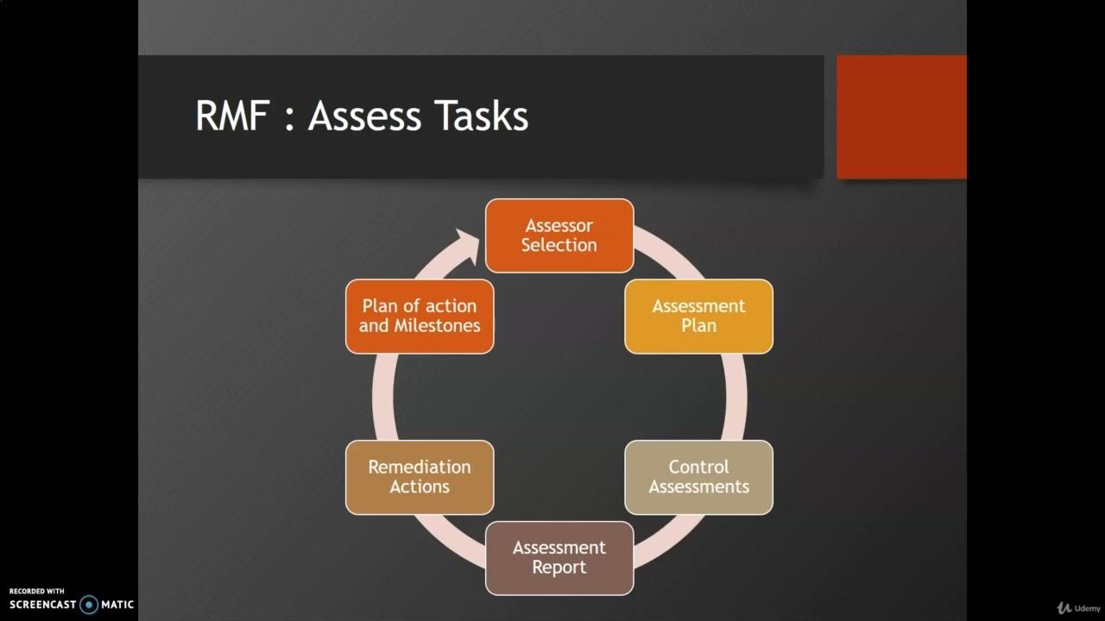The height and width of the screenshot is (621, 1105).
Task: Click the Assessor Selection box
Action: point(559,235)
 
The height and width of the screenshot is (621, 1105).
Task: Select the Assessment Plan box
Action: point(698,316)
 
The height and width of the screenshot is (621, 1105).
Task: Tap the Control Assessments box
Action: point(698,477)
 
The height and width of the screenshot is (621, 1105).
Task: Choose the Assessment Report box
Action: point(559,558)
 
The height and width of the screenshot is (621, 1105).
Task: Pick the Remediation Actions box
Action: point(420,477)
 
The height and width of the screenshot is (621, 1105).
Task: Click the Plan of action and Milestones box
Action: point(420,316)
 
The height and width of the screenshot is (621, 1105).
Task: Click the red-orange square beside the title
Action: point(901,116)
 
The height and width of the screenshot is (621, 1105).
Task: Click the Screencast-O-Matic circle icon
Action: point(89,605)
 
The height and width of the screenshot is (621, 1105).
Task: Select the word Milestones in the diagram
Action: point(437,326)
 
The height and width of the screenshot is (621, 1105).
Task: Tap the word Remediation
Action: point(420,467)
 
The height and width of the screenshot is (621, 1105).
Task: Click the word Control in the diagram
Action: point(698,467)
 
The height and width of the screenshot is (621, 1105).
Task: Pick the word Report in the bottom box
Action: point(559,568)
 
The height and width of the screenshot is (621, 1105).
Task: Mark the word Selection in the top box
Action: point(559,245)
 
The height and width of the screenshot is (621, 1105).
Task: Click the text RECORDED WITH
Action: point(37,591)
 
